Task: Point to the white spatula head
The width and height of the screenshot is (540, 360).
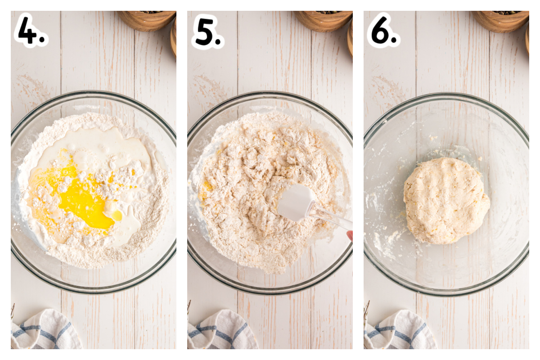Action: tap(296, 202)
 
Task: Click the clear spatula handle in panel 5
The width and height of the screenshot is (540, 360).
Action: tap(332, 216)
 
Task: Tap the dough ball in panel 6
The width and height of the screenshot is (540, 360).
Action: tap(446, 201)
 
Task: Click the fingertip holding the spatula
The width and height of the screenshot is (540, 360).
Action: tap(350, 235)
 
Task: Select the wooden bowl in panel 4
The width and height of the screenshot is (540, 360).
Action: tap(147, 21)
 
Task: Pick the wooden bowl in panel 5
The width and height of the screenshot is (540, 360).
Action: tap(324, 21)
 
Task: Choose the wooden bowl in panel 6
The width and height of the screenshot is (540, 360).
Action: tap(500, 21)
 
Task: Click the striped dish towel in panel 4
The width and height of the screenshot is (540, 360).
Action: tap(45, 330)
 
